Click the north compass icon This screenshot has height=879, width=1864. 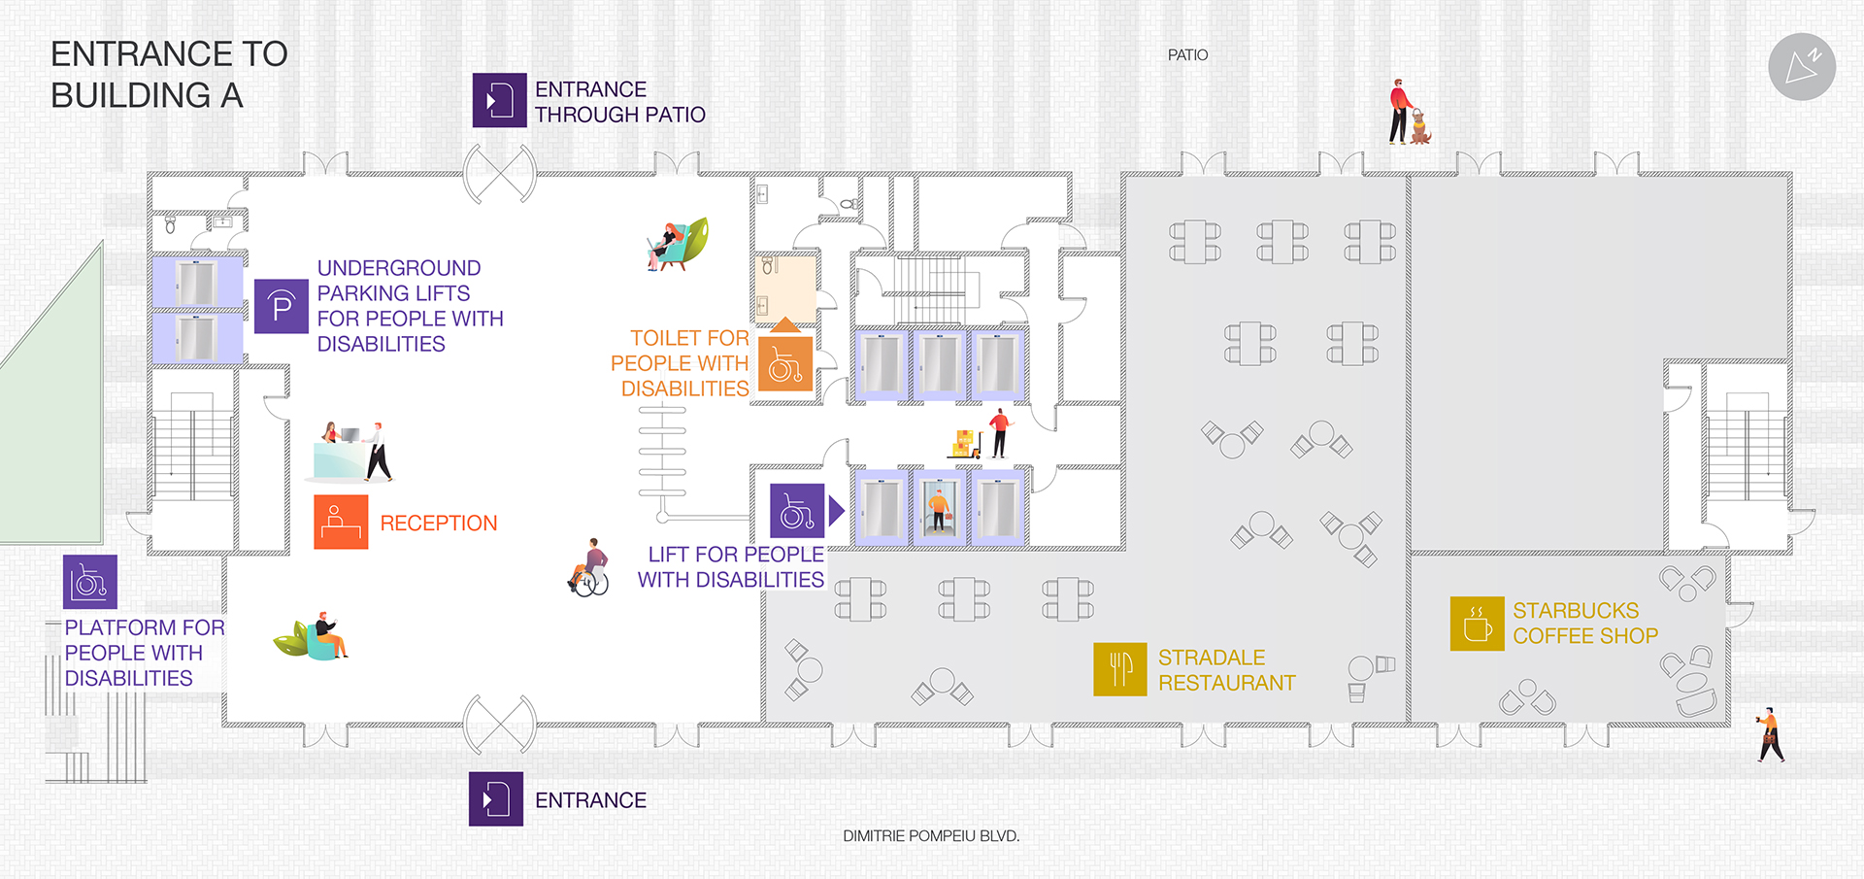point(1801,67)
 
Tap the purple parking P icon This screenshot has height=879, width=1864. point(282,307)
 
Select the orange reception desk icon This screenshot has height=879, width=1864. point(341,522)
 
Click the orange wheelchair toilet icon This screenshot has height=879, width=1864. point(784,364)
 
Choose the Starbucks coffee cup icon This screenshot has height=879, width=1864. point(1477,624)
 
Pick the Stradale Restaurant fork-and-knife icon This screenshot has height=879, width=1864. point(1119,669)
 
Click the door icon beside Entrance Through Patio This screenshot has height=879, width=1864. point(499,100)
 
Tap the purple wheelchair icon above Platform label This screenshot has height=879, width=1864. point(90,582)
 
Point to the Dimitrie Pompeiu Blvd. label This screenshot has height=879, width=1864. point(931,835)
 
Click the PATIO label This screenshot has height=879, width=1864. point(1187,55)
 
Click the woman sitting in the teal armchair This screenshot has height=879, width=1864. point(670,245)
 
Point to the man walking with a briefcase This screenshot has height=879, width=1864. point(1771,735)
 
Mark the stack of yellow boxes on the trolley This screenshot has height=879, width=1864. point(963,443)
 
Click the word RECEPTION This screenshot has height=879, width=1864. point(439,524)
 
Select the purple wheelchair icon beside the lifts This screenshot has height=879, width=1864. point(797,511)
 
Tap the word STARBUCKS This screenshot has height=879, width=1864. point(1575,611)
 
